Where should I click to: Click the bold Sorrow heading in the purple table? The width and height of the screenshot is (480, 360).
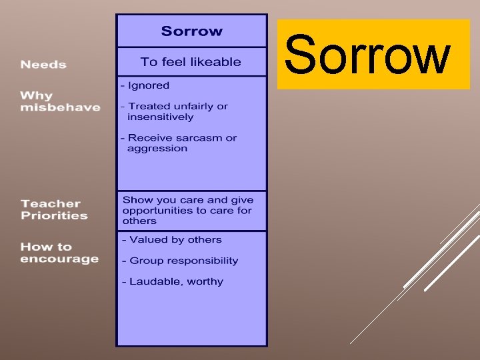(x=192, y=31)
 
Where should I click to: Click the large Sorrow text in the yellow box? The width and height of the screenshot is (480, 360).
(x=367, y=55)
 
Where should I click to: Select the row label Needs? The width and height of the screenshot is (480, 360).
(x=43, y=65)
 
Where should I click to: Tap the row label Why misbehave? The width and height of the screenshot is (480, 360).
(x=60, y=101)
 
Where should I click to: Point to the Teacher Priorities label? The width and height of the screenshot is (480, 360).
(x=54, y=209)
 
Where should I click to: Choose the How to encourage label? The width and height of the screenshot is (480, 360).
(x=59, y=253)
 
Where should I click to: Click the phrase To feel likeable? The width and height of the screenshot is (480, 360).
(x=191, y=62)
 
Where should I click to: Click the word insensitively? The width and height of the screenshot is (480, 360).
(x=160, y=117)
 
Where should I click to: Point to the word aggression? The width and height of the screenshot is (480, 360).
(x=157, y=149)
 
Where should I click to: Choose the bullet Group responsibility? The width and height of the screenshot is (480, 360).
(x=183, y=261)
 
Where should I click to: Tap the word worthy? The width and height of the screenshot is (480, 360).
(x=205, y=281)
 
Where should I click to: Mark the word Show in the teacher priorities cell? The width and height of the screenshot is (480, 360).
(x=137, y=200)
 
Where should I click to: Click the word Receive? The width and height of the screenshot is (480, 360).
(x=149, y=138)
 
